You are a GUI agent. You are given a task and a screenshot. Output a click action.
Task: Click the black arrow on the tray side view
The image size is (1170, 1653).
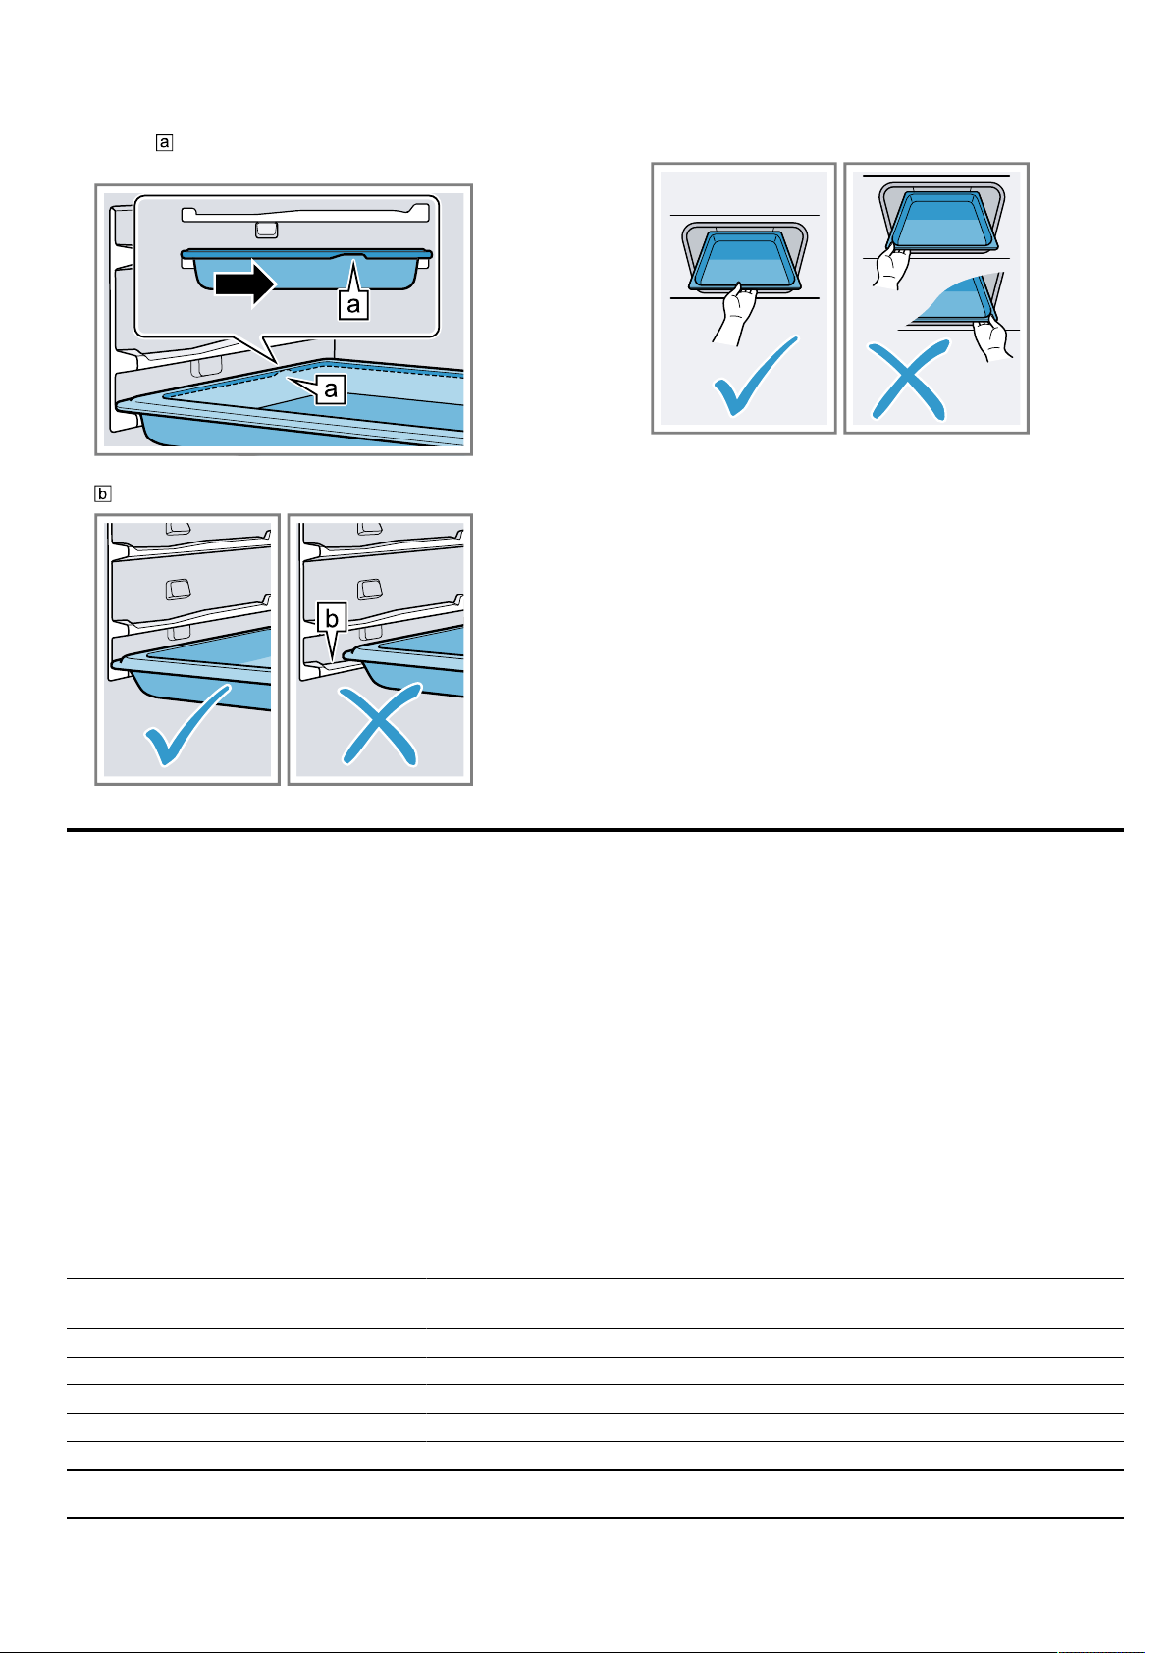(x=245, y=283)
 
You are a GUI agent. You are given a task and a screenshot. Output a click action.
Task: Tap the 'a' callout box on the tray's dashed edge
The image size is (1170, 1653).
(x=331, y=388)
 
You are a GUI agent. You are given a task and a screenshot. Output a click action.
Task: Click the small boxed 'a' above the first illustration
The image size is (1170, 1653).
(x=165, y=142)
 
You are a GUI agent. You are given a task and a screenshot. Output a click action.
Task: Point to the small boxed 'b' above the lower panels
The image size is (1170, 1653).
(x=103, y=493)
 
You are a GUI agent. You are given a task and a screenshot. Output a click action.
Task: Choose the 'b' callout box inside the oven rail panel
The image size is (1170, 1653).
(x=332, y=618)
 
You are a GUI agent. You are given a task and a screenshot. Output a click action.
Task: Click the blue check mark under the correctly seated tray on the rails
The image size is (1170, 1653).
(x=187, y=725)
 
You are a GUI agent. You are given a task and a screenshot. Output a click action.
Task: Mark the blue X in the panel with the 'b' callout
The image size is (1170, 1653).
(x=380, y=725)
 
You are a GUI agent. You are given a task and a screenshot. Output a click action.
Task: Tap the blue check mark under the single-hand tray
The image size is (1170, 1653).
(x=756, y=376)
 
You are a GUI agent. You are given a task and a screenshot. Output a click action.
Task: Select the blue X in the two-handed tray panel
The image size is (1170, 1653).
(x=908, y=380)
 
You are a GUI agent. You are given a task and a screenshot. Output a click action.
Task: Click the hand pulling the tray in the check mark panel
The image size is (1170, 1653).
(x=735, y=314)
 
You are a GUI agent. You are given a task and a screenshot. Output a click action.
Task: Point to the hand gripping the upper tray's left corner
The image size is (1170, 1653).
(x=891, y=267)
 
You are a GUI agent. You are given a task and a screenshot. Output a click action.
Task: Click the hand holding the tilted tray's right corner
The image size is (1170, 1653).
(x=992, y=338)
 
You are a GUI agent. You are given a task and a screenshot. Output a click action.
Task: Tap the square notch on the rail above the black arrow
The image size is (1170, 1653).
(x=266, y=231)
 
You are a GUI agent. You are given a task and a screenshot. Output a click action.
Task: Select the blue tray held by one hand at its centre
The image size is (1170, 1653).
(x=745, y=261)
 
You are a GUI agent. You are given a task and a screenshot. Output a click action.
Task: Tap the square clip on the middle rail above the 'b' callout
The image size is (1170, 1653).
(x=370, y=590)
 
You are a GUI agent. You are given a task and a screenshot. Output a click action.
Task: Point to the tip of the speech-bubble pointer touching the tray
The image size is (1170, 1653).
(x=276, y=362)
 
